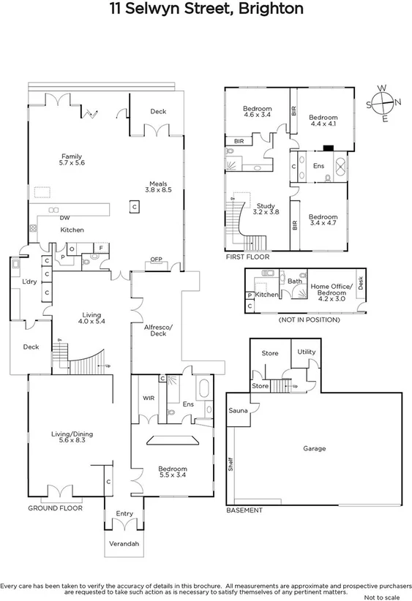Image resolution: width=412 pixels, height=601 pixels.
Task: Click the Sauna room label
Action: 238,411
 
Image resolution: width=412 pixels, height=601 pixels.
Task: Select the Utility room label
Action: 306,352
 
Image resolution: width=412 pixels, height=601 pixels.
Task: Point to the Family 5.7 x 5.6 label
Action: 71,159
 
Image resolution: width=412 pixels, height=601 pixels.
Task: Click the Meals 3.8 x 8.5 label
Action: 160,187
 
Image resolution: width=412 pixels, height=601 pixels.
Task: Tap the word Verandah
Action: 124,543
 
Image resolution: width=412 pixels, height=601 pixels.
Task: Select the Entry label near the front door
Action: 124,514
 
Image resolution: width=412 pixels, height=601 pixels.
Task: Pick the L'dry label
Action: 29,281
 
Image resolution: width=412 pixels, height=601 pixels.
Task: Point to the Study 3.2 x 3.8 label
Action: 266,209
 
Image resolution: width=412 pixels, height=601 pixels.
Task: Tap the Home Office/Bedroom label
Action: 332,291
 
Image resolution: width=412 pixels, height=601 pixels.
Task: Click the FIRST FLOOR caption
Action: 247,257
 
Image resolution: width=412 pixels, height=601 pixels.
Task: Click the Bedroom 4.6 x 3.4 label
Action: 257,112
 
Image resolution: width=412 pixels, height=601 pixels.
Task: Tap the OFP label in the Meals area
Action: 156,260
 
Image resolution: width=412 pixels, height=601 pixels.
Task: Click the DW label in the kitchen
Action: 65,218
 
